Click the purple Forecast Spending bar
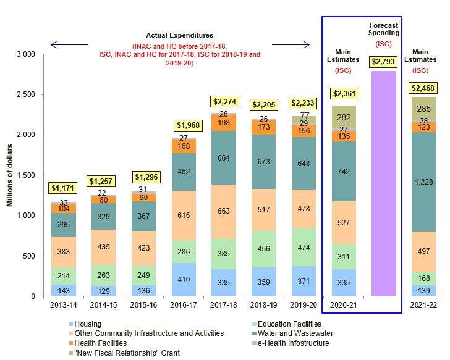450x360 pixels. (383, 185)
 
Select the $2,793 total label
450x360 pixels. (384, 62)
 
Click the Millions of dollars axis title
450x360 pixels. (11, 175)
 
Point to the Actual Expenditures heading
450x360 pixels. (179, 35)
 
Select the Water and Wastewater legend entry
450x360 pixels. (294, 333)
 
